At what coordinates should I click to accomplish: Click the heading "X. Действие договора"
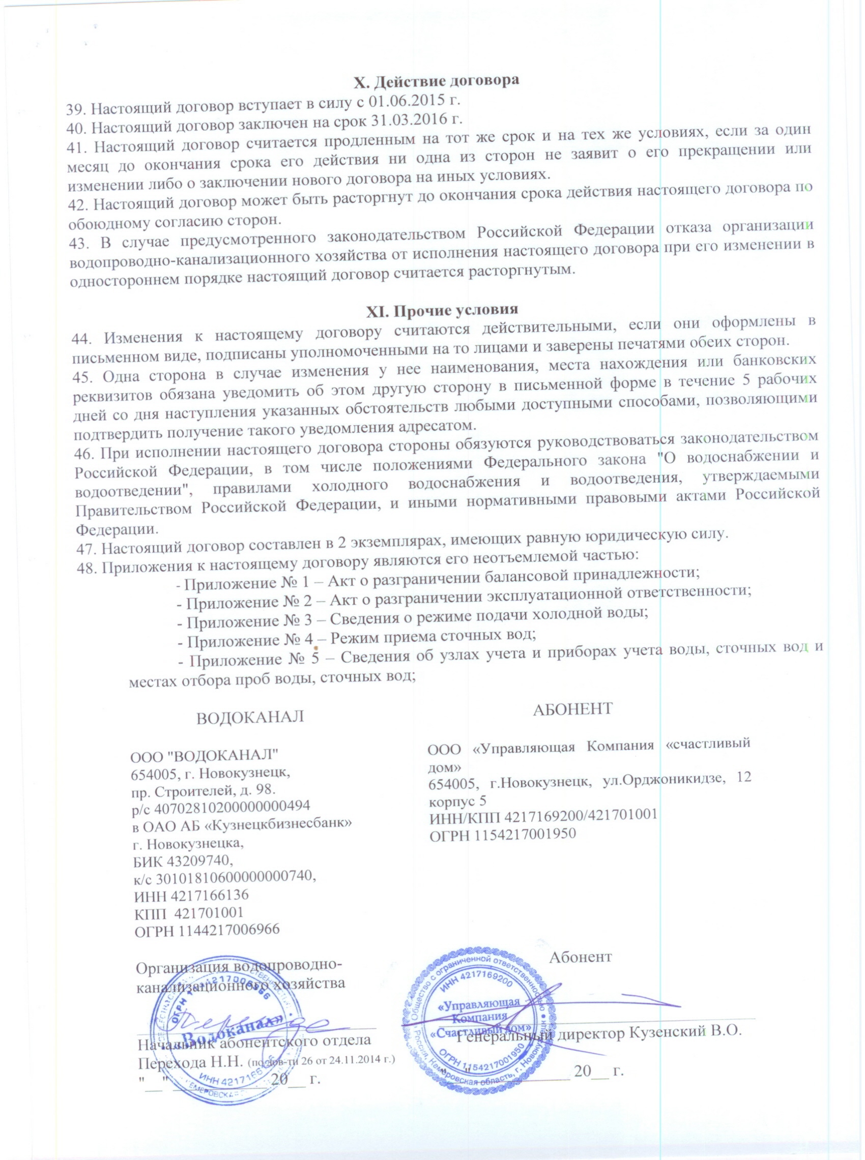pyautogui.click(x=435, y=82)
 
